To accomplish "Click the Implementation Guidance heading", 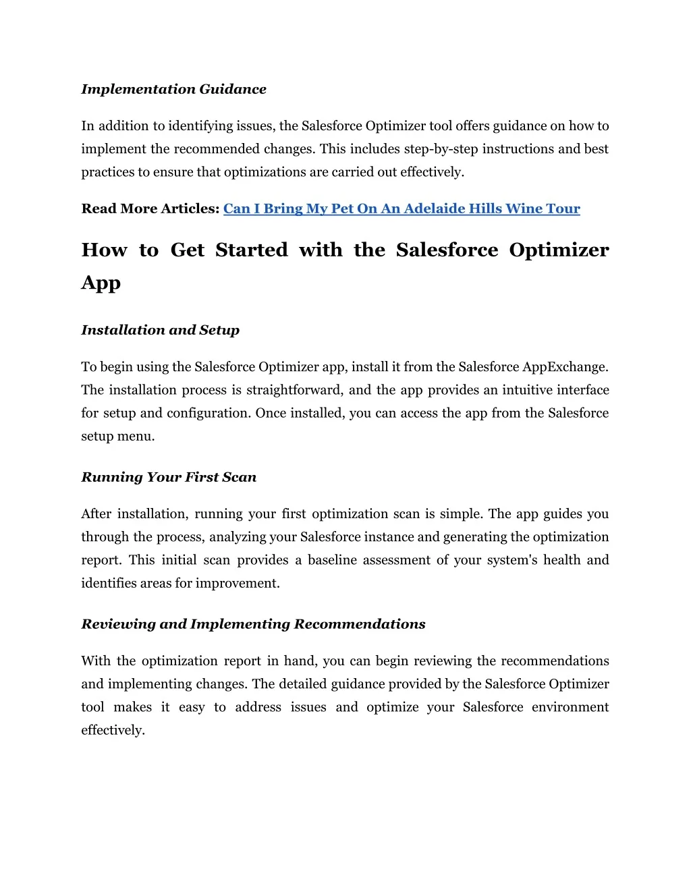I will click(x=173, y=89).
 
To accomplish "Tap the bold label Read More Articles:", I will click(x=150, y=208).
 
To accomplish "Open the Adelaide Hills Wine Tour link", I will click(x=402, y=208).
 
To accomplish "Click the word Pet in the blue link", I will click(x=342, y=208).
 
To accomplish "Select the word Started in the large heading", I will click(x=252, y=250).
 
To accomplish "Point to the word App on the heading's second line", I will click(x=101, y=283).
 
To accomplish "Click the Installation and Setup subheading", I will click(x=160, y=330).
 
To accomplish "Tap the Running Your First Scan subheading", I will click(x=169, y=477).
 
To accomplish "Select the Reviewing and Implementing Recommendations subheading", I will click(x=253, y=624).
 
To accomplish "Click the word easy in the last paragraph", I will click(x=192, y=707).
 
